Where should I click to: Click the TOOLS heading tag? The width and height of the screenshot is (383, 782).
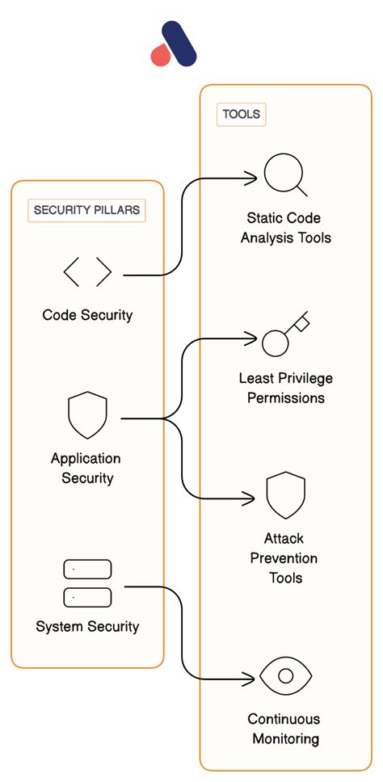(x=241, y=114)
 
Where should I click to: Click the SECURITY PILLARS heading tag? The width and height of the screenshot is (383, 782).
(x=86, y=210)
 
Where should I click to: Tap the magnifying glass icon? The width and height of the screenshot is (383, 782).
(x=284, y=174)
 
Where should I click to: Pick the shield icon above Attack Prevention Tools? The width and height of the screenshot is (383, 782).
(x=285, y=495)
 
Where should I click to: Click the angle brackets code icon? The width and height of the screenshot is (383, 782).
(x=87, y=272)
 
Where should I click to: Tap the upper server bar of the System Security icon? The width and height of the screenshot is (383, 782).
(x=87, y=569)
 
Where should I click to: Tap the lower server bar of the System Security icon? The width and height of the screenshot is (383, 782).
(x=87, y=597)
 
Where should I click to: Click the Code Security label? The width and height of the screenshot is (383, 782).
(x=87, y=314)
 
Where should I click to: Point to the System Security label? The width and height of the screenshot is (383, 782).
(x=87, y=626)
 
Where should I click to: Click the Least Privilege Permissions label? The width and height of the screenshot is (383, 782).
(x=285, y=388)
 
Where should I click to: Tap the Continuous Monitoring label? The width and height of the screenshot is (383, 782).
(x=284, y=728)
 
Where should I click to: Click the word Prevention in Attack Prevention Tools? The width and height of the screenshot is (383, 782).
(x=284, y=558)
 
